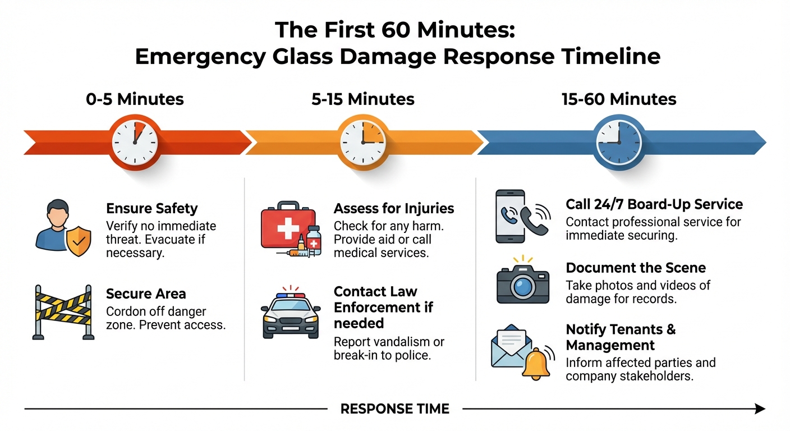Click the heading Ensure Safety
click(151, 209)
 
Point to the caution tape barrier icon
click(62, 312)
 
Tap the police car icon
click(291, 315)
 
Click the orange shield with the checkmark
click(78, 241)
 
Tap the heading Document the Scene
click(635, 268)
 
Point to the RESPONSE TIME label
click(395, 409)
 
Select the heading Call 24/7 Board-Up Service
click(654, 204)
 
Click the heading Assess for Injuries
click(393, 209)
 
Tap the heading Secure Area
click(146, 294)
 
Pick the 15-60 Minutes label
click(619, 99)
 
